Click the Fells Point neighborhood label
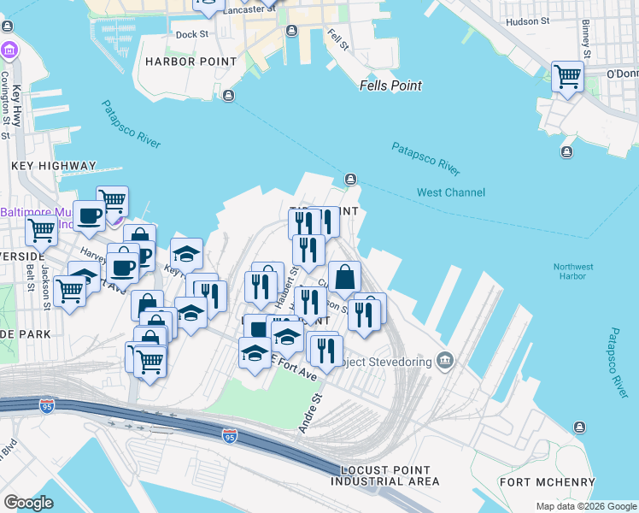click(390, 85)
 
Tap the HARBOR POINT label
click(191, 62)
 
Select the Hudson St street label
click(527, 21)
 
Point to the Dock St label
click(191, 35)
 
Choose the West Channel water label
click(450, 192)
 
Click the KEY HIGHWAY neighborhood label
click(53, 166)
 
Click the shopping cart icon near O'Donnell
click(567, 77)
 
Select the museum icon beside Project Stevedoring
click(444, 360)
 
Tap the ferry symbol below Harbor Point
click(228, 95)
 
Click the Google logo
click(28, 503)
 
